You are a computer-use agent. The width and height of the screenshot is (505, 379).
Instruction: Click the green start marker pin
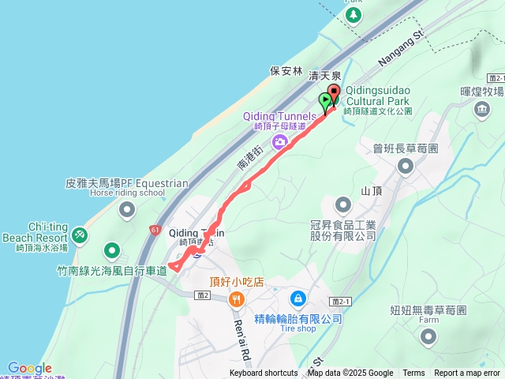[x=325, y=101]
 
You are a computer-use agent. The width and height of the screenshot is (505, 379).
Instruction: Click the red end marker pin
[x=333, y=95]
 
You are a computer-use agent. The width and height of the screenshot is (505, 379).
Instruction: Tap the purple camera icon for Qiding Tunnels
[x=279, y=142]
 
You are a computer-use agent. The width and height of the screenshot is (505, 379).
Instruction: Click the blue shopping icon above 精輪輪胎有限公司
[x=298, y=299]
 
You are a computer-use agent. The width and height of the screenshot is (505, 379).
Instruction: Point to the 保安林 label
[x=286, y=70]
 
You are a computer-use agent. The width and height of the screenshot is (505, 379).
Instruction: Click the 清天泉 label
[x=325, y=76]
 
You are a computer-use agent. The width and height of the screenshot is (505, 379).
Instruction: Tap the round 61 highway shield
[x=154, y=230]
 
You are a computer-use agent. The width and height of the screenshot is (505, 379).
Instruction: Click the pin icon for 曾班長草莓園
[x=406, y=166]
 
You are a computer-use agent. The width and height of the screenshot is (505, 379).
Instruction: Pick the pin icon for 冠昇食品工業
[x=342, y=206]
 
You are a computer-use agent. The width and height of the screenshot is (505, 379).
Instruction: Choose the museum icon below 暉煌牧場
[x=482, y=109]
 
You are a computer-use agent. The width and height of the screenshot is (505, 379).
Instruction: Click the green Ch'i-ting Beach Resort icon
[x=79, y=235]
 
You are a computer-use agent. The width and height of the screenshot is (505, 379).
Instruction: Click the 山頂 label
[x=372, y=191]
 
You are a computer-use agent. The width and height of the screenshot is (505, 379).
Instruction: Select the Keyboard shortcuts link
[x=264, y=373]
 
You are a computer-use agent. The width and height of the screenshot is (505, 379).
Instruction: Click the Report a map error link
[x=467, y=373]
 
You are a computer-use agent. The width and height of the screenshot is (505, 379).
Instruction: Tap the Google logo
[x=29, y=368]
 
